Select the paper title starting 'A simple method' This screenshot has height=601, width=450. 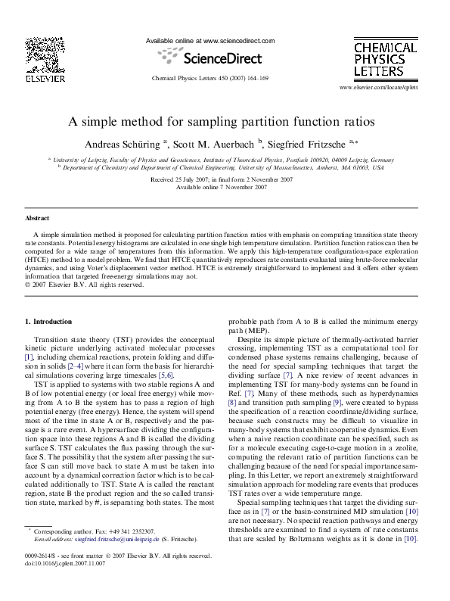pos(225,120)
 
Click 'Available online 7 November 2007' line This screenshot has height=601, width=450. pos(225,187)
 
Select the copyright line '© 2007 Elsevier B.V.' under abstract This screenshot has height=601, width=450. pos(84,285)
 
